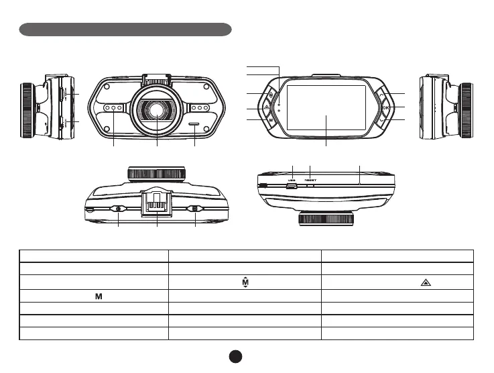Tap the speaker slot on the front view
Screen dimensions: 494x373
195,123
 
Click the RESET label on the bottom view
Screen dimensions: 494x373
310,180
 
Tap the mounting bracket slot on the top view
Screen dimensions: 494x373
157,202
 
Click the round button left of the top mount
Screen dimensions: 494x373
119,209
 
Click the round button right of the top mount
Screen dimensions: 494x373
195,209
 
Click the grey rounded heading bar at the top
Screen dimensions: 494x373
125,30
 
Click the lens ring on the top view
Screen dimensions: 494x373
156,173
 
